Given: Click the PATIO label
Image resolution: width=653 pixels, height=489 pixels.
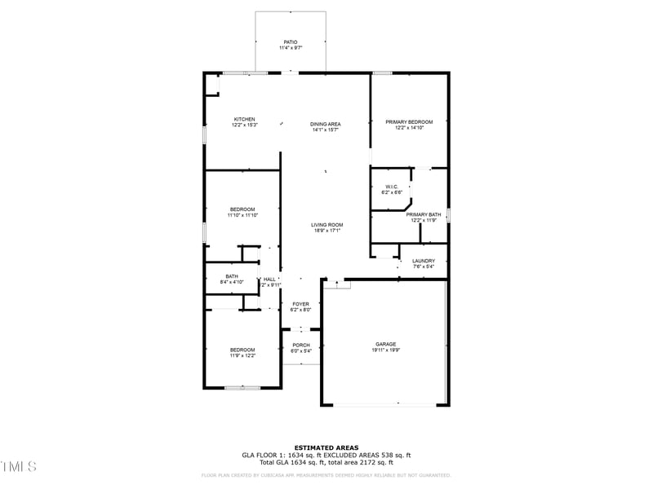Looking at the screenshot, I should pyautogui.click(x=290, y=42).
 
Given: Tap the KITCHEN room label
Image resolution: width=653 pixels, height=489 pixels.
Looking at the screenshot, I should pyautogui.click(x=244, y=119).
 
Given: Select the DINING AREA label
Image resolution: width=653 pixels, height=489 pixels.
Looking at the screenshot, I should pyautogui.click(x=326, y=124).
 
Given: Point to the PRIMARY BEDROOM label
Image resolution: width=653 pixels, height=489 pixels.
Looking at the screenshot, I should pyautogui.click(x=409, y=121).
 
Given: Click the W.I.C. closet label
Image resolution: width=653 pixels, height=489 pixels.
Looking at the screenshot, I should pyautogui.click(x=391, y=187).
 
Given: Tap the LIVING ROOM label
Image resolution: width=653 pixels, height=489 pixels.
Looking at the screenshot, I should pyautogui.click(x=326, y=225).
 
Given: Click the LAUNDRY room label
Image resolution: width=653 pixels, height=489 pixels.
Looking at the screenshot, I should pyautogui.click(x=424, y=261).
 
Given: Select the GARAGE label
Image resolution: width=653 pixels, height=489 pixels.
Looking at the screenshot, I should pyautogui.click(x=386, y=344).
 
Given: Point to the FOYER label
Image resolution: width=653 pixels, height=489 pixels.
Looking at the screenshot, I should pyautogui.click(x=300, y=304).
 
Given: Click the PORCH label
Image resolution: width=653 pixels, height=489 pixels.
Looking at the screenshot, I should pyautogui.click(x=300, y=346).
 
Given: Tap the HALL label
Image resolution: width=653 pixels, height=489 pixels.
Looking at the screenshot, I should pyautogui.click(x=269, y=279).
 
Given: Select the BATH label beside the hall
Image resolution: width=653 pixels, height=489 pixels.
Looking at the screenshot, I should pyautogui.click(x=232, y=276).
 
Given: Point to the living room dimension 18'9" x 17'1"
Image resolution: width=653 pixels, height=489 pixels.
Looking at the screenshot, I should pyautogui.click(x=326, y=231).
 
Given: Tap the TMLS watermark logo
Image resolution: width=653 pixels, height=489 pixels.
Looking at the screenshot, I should pyautogui.click(x=19, y=466).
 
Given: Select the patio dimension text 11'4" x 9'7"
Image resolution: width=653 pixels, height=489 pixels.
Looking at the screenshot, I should pyautogui.click(x=290, y=47).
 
